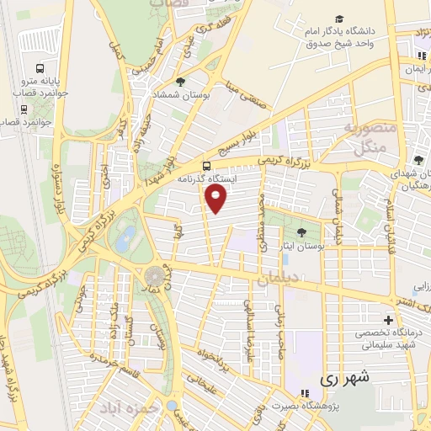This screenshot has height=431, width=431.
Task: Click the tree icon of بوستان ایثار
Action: click(x=301, y=232)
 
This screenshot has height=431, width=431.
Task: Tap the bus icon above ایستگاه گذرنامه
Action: click(x=208, y=165)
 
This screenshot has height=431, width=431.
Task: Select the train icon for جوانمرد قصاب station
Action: click(x=19, y=108)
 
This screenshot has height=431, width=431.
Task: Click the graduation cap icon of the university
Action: click(x=338, y=19)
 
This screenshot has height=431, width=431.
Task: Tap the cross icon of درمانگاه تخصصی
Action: click(x=387, y=320)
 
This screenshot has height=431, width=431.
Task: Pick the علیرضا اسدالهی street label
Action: click(x=248, y=319)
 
